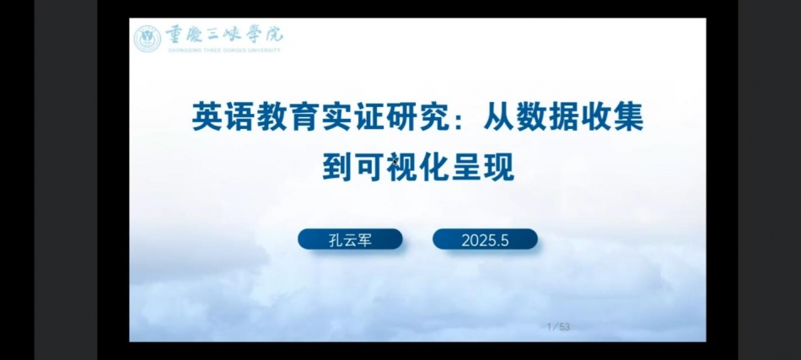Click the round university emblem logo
147,39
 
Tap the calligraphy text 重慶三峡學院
223,35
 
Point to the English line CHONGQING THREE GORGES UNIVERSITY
223,50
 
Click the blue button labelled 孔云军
351,239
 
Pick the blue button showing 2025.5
486,239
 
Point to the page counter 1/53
558,327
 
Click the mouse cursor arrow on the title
395,161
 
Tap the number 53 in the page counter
564,327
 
